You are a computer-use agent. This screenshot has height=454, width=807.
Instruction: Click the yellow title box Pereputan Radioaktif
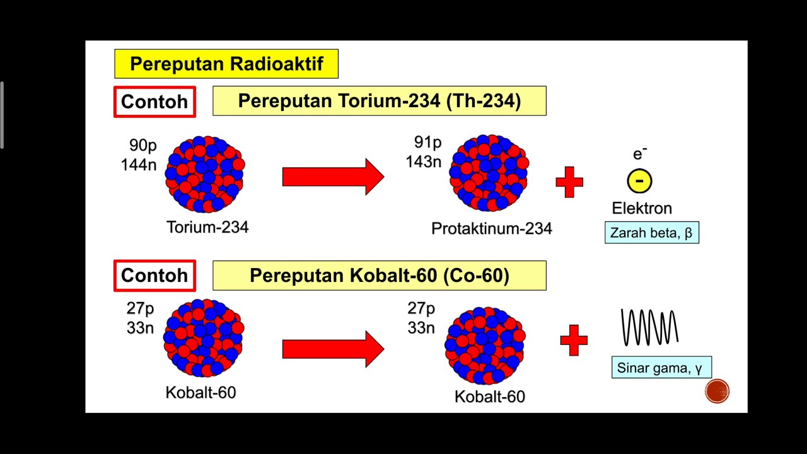tap(226, 64)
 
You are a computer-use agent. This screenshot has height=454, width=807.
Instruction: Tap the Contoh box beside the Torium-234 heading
tap(154, 102)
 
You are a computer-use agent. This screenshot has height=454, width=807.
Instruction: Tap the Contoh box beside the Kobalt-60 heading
tap(154, 276)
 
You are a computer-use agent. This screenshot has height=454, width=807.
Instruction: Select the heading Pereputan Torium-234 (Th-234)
tap(380, 101)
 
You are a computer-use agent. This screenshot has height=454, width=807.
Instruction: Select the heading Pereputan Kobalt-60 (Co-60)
tap(380, 276)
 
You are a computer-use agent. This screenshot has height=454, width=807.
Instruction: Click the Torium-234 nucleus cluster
tap(205, 174)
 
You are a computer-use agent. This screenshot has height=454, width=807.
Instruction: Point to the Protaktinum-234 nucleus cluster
tap(489, 173)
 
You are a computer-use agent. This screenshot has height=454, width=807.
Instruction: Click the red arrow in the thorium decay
tap(333, 177)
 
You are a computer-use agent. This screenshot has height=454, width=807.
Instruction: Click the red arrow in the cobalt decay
tap(333, 349)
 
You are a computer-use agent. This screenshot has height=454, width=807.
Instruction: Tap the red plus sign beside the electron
tap(569, 182)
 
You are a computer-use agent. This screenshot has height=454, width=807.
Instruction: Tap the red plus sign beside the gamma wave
tap(574, 340)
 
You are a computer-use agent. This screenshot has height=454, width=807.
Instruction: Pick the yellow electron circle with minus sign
tap(639, 181)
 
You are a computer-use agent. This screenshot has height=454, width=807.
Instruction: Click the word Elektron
tap(642, 208)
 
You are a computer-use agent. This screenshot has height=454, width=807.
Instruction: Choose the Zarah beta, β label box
tap(652, 233)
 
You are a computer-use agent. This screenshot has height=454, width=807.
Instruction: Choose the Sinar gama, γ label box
tap(661, 368)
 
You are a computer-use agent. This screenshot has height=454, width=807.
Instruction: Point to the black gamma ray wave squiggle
tap(650, 327)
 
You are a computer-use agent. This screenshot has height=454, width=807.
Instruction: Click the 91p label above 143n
tap(427, 143)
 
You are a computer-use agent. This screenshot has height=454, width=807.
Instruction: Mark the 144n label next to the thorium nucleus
tap(139, 165)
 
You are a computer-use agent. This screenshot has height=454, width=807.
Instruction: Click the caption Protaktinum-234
tap(492, 228)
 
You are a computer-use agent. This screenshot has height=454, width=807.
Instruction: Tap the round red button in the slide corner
tap(717, 392)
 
